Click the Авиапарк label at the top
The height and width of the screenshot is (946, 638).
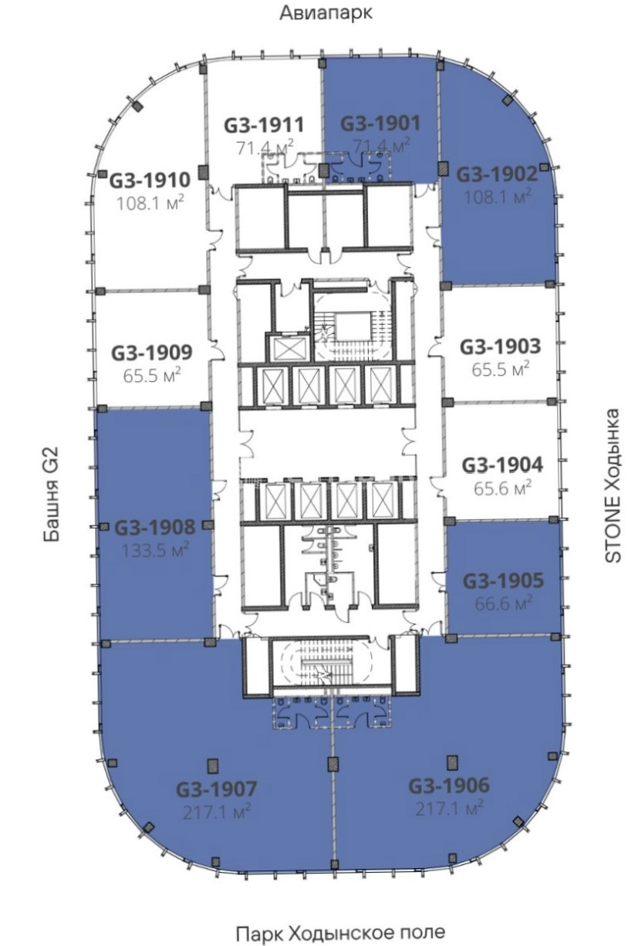point(326,12)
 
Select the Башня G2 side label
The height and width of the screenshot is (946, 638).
point(52,494)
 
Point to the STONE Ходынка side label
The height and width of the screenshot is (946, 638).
point(613,485)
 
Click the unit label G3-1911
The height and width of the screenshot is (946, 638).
point(264,125)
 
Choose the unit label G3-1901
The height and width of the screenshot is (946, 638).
point(380,123)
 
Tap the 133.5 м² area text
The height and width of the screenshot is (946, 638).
point(155,550)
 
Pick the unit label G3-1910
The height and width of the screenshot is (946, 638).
point(150,181)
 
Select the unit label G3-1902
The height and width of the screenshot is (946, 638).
point(498,174)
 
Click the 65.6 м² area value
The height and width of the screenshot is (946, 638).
point(502,489)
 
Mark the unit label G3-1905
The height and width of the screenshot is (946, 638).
point(503,581)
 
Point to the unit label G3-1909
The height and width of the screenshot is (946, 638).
point(151,353)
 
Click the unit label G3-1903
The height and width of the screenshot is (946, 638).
point(501,346)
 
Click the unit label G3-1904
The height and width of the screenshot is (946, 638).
point(502,465)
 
